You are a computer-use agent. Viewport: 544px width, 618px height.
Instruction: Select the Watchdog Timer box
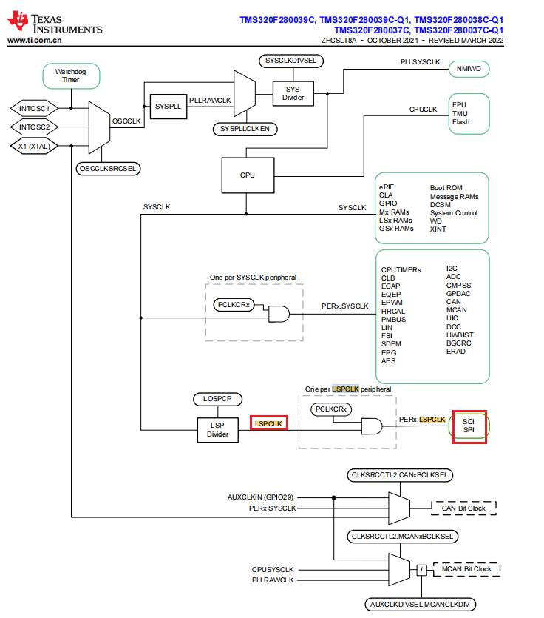tap(71, 75)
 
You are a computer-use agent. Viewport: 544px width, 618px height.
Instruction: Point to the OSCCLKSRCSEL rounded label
tap(109, 168)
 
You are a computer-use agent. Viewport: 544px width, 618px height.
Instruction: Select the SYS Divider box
tap(293, 93)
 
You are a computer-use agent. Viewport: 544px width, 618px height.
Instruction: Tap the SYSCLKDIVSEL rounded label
tap(290, 60)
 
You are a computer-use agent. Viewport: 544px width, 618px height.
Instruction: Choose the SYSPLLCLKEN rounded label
tap(245, 129)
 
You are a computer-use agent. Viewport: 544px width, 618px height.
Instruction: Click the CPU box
tap(248, 175)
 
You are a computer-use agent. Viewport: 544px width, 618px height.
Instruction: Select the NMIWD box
tap(469, 69)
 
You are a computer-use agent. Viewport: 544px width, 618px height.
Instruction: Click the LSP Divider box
tap(218, 430)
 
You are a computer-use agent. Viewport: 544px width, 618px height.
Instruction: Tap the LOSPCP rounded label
tap(217, 399)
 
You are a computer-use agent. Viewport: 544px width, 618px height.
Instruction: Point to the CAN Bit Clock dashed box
tap(463, 508)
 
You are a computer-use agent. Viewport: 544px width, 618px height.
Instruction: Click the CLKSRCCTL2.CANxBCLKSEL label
tap(399, 474)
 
